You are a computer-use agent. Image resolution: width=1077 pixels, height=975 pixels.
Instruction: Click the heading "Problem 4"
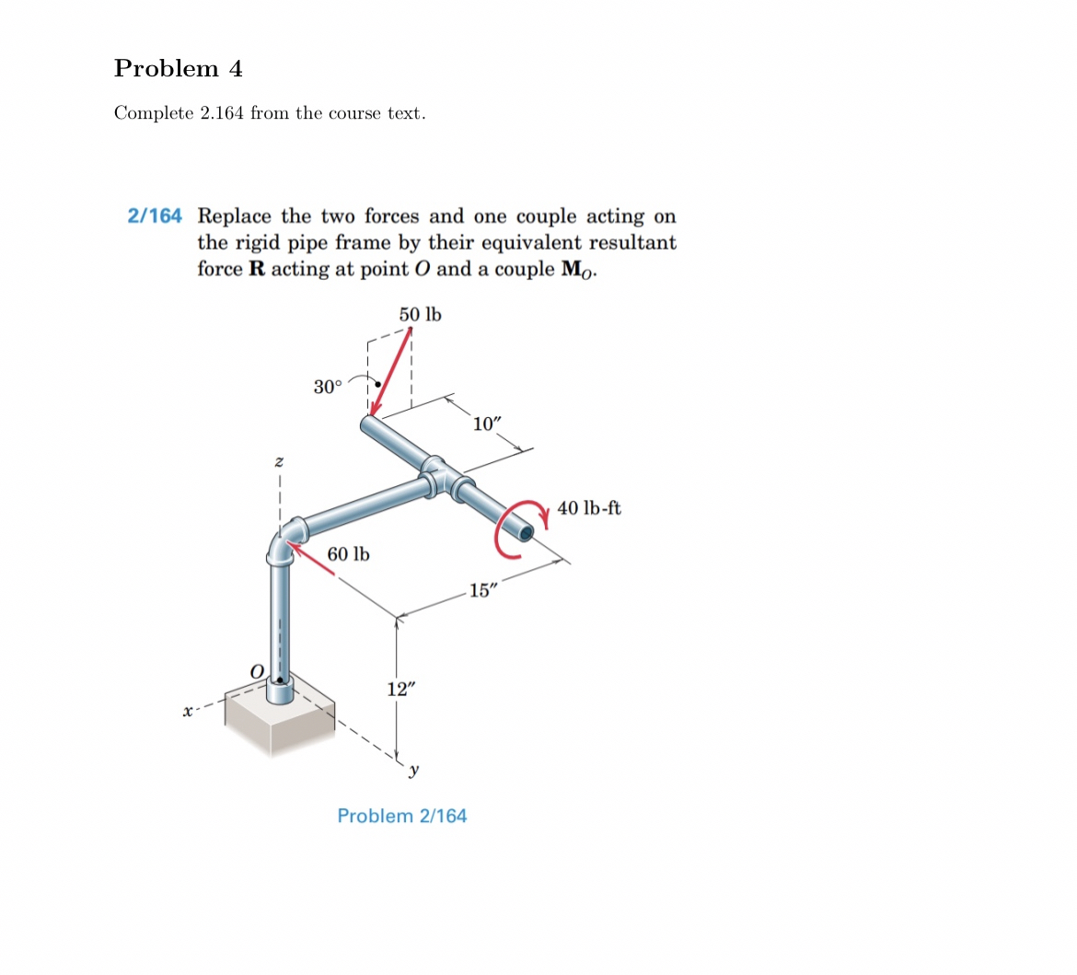(179, 69)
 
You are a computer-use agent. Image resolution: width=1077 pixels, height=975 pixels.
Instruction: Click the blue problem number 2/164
(155, 216)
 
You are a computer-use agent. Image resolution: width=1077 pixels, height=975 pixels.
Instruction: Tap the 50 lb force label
(420, 315)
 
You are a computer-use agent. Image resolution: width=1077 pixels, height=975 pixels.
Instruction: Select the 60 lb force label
(349, 554)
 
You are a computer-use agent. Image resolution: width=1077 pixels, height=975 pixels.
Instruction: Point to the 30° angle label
(327, 387)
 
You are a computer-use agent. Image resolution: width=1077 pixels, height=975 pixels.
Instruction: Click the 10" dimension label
(487, 424)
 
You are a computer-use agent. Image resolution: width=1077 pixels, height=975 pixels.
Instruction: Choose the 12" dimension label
(400, 690)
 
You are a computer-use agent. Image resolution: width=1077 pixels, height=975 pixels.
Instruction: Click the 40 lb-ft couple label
(589, 507)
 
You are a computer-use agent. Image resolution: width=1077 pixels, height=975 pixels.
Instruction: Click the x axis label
(188, 711)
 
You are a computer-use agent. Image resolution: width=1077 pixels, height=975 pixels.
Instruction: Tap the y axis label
(414, 769)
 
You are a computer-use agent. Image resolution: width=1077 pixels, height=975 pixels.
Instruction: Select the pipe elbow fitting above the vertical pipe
(286, 541)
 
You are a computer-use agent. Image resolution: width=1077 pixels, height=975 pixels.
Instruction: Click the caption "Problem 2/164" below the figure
(402, 816)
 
